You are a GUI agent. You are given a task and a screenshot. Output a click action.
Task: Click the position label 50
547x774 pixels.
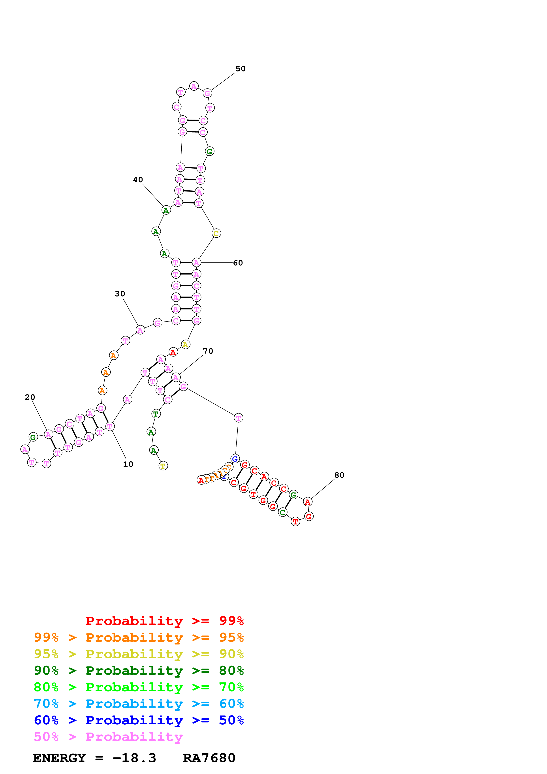pos(240,69)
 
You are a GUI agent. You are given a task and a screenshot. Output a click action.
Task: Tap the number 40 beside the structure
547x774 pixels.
pos(138,180)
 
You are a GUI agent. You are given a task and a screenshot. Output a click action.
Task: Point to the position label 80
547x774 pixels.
pos(339,475)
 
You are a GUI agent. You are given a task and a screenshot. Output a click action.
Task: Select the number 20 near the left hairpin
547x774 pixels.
pos(30,397)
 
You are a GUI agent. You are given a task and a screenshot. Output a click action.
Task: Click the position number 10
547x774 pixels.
pos(128,464)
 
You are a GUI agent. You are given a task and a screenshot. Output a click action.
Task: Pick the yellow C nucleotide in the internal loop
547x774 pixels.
pos(216,233)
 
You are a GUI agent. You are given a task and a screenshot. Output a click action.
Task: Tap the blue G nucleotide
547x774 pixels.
pos(235,459)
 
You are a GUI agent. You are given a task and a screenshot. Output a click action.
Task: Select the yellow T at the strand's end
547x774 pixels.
pos(163,466)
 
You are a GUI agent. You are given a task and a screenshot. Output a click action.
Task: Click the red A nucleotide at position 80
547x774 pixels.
pos(307,502)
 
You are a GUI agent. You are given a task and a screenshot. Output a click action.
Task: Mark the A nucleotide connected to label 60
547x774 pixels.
pos(196,263)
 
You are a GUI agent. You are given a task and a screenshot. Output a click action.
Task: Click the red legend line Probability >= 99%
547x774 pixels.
pos(164,621)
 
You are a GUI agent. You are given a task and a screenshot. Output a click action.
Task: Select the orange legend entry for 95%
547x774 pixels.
pos(139,637)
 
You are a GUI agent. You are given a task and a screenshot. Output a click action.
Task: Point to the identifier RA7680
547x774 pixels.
pos(209,758)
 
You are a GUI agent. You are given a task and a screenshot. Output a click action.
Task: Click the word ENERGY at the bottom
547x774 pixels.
pos(59,758)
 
